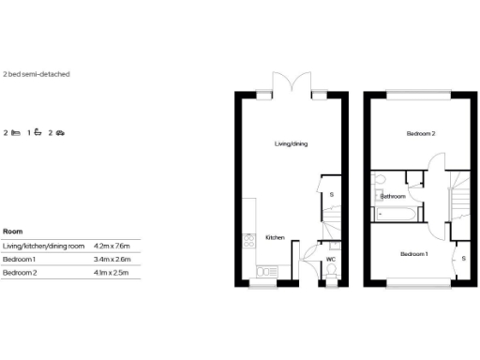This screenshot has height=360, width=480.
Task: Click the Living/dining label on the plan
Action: click(x=291, y=143)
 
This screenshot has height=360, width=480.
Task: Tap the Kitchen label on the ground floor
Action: click(x=275, y=237)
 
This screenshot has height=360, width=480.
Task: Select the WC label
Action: click(x=331, y=259)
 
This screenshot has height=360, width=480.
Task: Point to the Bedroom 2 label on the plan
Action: click(x=420, y=134)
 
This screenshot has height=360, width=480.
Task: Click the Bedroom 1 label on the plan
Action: click(x=414, y=254)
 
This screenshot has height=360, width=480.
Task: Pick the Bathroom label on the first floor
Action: click(x=393, y=196)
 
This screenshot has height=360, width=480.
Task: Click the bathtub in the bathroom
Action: click(x=394, y=215)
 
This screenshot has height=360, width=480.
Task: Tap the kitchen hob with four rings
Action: click(x=248, y=240)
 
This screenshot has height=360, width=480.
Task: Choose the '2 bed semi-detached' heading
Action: click(x=37, y=73)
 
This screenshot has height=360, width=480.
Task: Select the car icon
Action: click(x=60, y=133)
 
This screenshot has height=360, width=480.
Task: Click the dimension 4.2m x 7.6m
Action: click(x=112, y=245)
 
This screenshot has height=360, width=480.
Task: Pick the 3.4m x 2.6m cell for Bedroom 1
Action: click(x=112, y=258)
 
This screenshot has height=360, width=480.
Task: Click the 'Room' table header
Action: click(x=13, y=231)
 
